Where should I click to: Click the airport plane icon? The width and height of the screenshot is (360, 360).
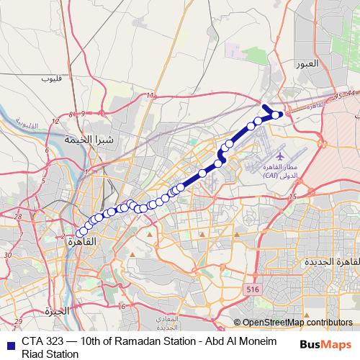pos(280,154)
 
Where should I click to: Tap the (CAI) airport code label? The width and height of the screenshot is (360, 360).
pos(271,175)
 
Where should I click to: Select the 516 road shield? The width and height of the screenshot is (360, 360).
pos(251,289)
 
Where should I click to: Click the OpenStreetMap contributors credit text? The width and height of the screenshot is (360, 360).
pos(297,323)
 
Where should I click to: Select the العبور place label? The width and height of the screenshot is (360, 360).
pos(311,63)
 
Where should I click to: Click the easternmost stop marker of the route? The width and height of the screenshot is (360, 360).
pos(276,114)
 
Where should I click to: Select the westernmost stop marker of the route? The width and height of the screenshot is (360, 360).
pos(79,233)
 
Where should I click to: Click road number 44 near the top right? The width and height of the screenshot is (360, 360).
pos(351,94)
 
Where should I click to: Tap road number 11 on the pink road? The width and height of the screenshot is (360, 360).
pos(149,95)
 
